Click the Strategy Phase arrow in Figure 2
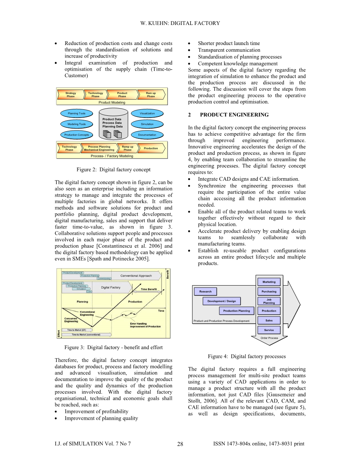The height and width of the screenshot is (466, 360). [x=71, y=95]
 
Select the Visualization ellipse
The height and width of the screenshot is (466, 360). [x=147, y=113]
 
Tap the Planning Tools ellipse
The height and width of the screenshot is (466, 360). [x=76, y=113]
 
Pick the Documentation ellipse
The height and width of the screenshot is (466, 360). [x=147, y=135]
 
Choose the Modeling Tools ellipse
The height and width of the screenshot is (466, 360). [x=76, y=124]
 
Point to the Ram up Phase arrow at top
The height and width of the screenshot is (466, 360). [x=151, y=95]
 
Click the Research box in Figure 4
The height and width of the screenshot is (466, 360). [x=205, y=292]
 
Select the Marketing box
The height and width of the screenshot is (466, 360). [x=269, y=282]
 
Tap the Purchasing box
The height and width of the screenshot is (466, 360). [x=269, y=292]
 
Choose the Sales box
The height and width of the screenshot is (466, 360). [x=269, y=320]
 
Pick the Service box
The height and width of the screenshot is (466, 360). [x=269, y=330]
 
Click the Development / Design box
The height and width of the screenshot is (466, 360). [x=222, y=301]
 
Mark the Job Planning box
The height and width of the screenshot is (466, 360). [x=269, y=301]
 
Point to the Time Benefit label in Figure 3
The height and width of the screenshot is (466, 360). [x=149, y=289]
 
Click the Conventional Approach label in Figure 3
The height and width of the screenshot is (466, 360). [x=136, y=276]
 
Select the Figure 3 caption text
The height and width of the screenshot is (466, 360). [x=113, y=347]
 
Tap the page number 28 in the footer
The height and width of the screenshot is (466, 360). [x=180, y=444]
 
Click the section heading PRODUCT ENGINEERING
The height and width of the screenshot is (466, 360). [x=234, y=115]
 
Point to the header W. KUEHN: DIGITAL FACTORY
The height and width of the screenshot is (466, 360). [x=180, y=23]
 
